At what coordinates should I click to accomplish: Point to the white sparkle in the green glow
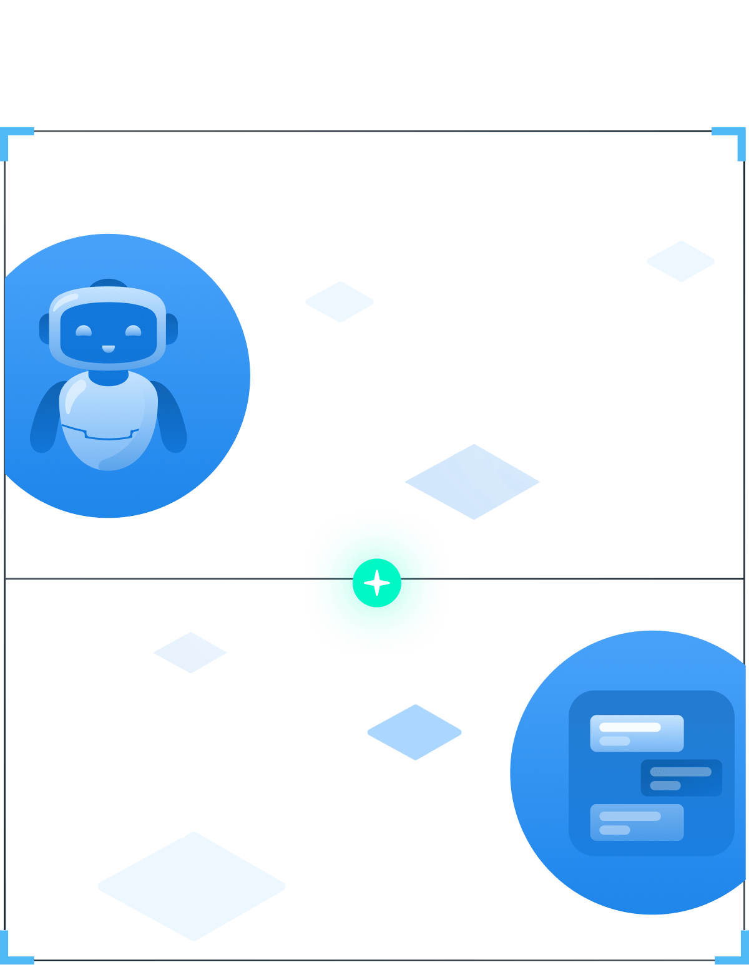tap(376, 583)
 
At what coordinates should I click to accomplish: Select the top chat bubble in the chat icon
tap(637, 733)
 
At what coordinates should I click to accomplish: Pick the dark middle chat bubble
tap(681, 778)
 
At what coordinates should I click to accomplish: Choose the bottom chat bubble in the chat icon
tap(637, 822)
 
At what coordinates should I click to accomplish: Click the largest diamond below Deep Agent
tap(192, 886)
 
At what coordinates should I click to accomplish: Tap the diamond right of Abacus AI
tap(414, 732)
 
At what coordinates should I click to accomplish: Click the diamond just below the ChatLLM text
tap(472, 482)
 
